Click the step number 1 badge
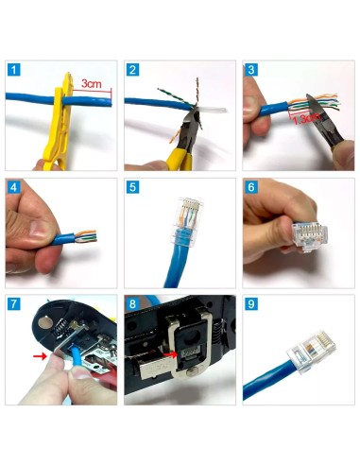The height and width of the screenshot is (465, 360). point(13,70)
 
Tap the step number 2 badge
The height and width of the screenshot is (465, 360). point(132,70)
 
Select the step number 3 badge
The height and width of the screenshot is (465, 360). point(250,70)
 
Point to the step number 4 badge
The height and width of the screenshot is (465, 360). point(13,187)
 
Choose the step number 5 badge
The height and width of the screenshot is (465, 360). point(132,187)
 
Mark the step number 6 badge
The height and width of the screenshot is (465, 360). point(250,187)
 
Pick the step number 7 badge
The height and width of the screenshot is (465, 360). point(13,304)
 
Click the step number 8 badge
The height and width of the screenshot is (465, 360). point(132,304)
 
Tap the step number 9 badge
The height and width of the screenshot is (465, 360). point(250,304)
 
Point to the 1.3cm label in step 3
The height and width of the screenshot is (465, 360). point(304,119)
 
